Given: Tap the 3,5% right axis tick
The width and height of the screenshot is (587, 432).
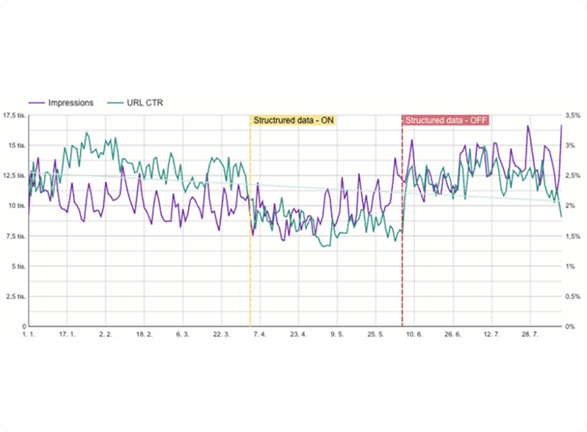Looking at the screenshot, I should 572,116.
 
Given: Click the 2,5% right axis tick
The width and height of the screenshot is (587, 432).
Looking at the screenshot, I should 572,176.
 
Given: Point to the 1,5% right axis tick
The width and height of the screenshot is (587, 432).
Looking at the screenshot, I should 572,236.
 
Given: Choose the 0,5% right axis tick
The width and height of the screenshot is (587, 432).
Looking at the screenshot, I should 572,296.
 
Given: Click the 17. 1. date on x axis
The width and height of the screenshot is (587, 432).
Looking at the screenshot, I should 68,335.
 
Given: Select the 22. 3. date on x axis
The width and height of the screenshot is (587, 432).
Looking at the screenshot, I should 221,335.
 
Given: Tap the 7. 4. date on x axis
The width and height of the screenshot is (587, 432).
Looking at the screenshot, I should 259,335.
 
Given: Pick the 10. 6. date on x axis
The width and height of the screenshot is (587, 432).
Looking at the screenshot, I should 414,335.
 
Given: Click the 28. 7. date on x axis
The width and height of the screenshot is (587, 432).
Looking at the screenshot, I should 530,335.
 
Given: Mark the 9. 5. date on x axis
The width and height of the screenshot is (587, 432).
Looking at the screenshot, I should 337,335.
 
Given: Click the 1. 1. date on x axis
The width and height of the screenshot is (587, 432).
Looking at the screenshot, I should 29,335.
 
